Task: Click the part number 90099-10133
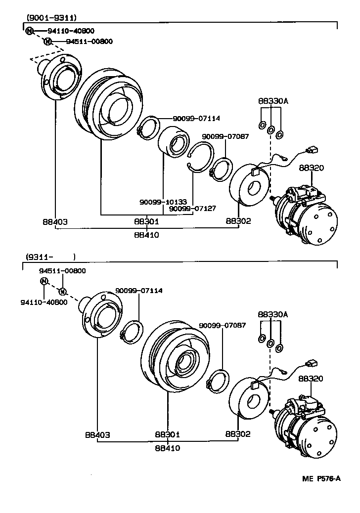tap(163, 202)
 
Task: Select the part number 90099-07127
tap(192, 209)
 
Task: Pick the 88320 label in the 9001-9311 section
tap(311, 168)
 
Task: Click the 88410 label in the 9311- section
tap(167, 448)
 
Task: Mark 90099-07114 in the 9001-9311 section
tap(196, 118)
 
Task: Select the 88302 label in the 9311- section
tap(238, 434)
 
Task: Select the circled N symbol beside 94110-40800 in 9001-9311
tap(30, 31)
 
